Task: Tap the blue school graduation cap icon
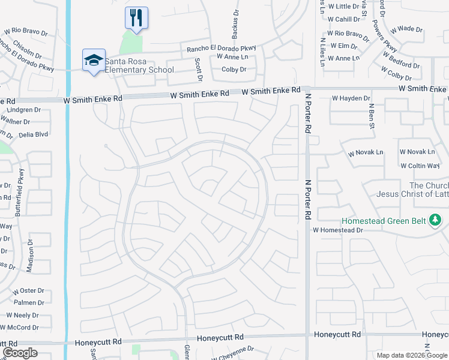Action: click(94, 61)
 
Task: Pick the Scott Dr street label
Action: click(199, 70)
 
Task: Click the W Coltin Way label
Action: click(420, 166)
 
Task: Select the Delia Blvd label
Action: click(32, 134)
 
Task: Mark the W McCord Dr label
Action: click(19, 327)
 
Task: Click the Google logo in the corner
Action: click(20, 353)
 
